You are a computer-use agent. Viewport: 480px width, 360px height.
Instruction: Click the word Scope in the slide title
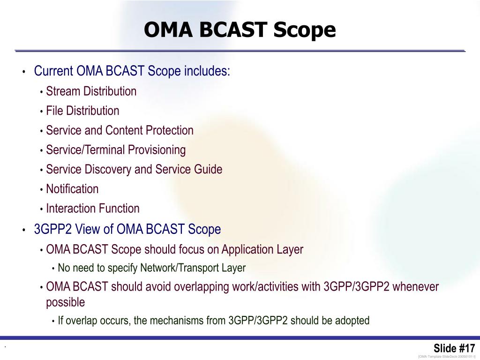point(304,30)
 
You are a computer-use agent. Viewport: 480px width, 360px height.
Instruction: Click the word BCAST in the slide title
point(233,30)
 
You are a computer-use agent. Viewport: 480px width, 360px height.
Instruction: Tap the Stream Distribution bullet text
point(91,91)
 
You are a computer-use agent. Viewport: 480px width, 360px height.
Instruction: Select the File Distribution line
point(82,111)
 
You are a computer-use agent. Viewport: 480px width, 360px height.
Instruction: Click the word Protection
point(169,130)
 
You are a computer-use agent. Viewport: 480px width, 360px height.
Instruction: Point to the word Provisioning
point(157,150)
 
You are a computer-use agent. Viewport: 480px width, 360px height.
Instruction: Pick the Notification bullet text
point(72,189)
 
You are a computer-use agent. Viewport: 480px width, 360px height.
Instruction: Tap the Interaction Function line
point(93,209)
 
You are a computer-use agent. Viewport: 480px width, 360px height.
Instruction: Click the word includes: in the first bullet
point(207,71)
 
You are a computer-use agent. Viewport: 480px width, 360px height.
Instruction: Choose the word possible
point(66,302)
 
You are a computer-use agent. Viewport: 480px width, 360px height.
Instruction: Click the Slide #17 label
point(454,348)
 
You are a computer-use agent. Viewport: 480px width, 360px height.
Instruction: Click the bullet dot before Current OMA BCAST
point(23,72)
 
